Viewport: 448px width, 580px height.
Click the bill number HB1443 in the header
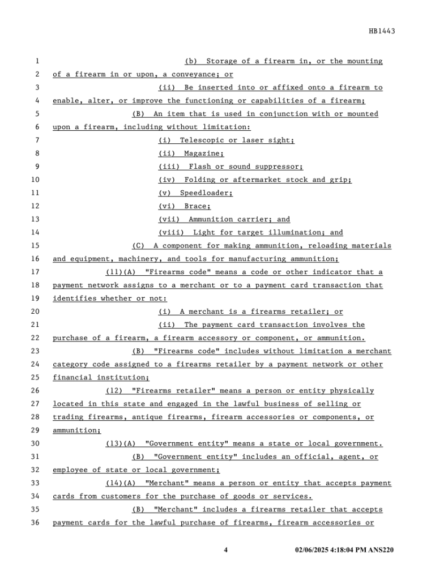382,31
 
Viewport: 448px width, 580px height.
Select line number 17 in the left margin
36,272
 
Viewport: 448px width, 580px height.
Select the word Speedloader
206,193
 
